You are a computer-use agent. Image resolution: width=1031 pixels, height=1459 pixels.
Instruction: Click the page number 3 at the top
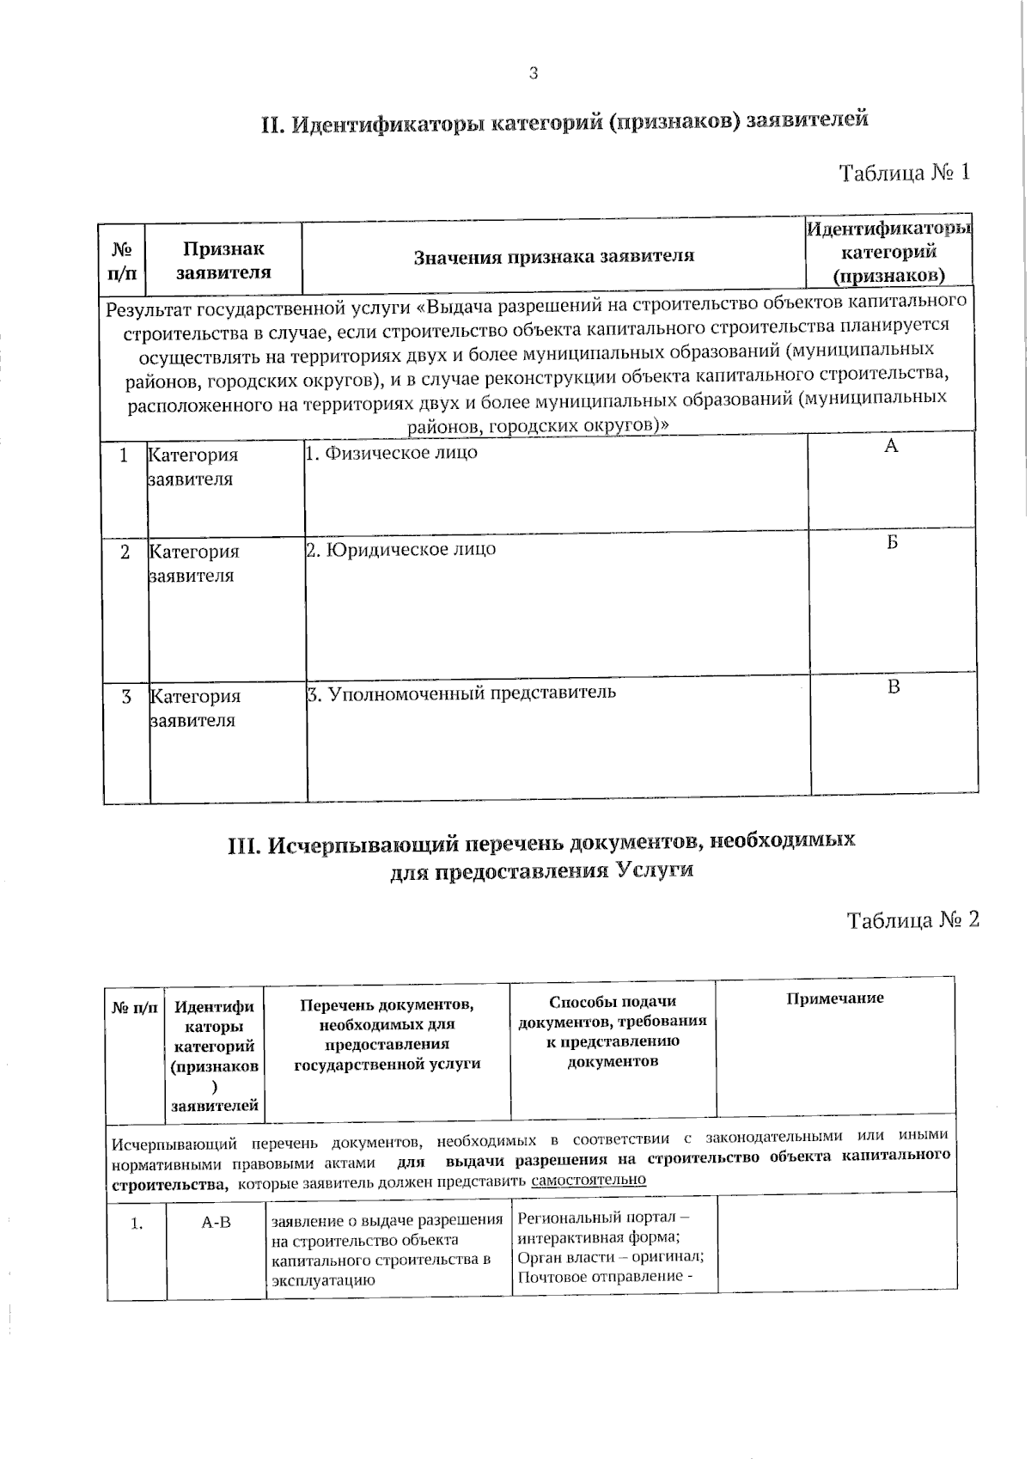click(533, 74)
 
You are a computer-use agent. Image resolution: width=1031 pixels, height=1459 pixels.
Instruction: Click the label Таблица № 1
click(904, 173)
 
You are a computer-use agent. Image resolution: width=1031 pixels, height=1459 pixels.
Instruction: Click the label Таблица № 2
click(912, 920)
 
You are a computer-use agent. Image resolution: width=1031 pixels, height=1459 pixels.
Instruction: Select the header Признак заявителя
click(223, 260)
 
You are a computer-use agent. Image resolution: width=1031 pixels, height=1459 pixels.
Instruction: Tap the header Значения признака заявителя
click(554, 256)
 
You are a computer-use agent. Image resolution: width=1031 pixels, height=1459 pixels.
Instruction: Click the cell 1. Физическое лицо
click(392, 453)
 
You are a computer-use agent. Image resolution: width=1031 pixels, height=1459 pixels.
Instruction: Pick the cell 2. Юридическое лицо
click(401, 549)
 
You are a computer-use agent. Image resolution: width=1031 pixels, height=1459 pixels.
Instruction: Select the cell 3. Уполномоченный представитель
click(461, 693)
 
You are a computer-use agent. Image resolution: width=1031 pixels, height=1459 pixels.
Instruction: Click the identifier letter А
click(891, 445)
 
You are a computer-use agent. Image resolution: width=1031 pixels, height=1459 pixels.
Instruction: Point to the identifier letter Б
click(893, 542)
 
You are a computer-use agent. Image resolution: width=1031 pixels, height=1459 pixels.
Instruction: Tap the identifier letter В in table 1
click(894, 687)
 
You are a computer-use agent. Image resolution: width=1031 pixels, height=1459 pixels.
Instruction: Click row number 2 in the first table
click(125, 552)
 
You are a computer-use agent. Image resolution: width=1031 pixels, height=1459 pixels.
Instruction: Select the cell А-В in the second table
click(216, 1222)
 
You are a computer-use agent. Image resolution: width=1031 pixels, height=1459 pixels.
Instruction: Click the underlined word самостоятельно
click(589, 1180)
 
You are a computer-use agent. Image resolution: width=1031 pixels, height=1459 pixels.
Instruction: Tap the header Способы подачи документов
click(613, 1002)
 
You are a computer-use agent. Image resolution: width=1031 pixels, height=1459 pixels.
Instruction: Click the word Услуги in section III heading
click(654, 870)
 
